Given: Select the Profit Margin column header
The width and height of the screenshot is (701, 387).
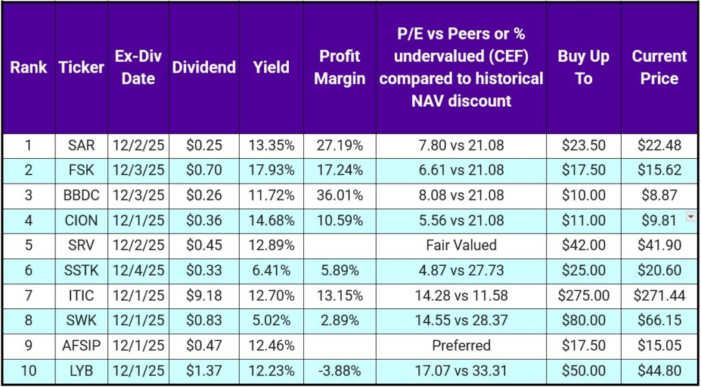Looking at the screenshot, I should point(340,67).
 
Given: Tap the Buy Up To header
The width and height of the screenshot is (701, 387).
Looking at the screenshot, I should point(583,67).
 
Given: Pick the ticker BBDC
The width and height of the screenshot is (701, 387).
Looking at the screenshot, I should point(81,195).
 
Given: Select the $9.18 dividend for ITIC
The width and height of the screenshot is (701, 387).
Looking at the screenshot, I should point(204,295).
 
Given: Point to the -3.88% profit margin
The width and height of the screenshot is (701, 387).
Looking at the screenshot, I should point(340,371).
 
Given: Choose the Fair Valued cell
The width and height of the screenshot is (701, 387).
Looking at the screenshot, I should point(461,245).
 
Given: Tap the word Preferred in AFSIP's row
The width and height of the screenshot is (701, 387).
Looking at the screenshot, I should point(461,345).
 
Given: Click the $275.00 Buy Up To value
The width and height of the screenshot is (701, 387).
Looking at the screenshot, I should point(583,295).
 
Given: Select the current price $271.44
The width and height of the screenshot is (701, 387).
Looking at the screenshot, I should point(659,295).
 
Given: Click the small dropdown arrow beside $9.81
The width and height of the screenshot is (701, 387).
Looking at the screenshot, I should point(690,216).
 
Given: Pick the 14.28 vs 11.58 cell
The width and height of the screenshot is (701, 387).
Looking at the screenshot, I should point(461,295).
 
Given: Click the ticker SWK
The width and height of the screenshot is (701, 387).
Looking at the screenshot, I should point(81,321).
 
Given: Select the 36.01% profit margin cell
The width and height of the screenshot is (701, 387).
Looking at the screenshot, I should point(340,195).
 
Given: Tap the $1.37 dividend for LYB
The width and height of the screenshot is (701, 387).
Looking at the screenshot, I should point(204,371).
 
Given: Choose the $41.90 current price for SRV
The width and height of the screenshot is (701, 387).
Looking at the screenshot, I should point(659,245).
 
